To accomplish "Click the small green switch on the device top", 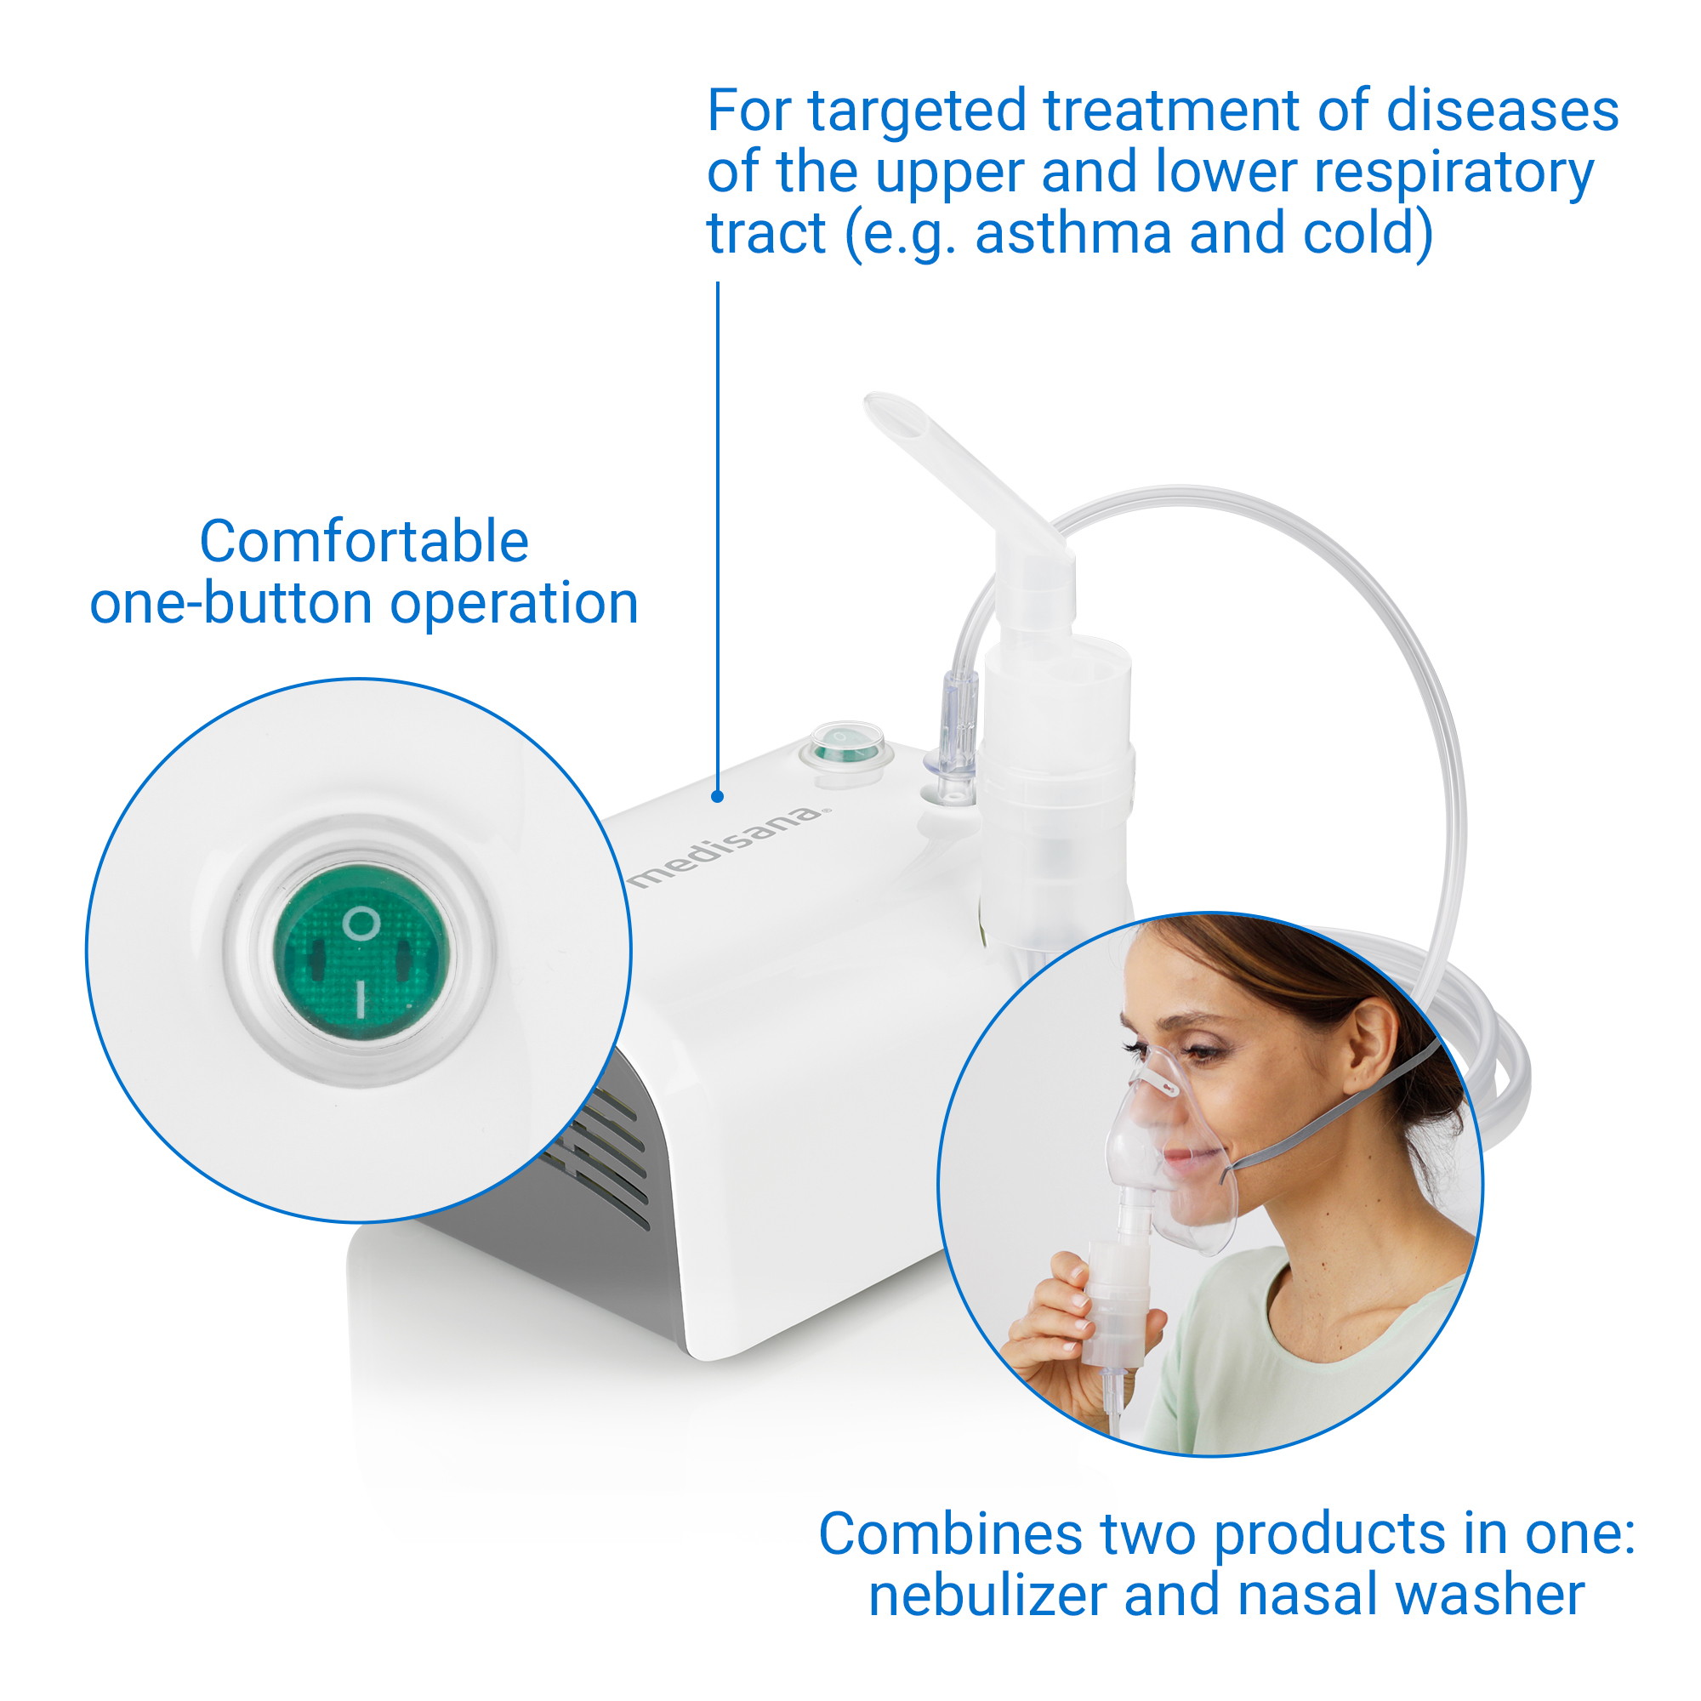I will coord(846,748).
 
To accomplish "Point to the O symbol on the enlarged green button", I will coord(361,924).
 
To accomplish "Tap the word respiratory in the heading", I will coord(1454,172).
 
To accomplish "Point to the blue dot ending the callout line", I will coord(718,796).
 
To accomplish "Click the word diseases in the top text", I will coord(1502,111).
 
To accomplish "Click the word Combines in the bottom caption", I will coord(951,1533).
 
